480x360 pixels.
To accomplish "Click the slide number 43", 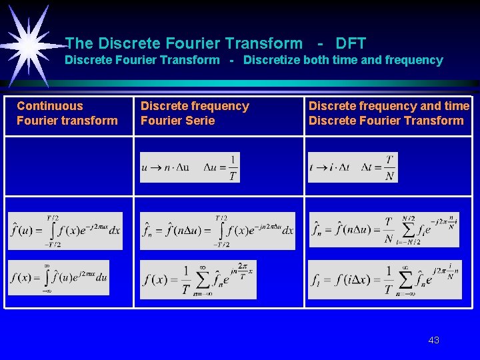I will pyautogui.click(x=433, y=340).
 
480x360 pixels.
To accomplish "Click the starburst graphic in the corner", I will pyautogui.click(x=30, y=44).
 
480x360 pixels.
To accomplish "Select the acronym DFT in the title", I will pyautogui.click(x=351, y=44).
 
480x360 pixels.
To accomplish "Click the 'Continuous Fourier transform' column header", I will pyautogui.click(x=67, y=113).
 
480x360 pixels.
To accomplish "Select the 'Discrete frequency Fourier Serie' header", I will pyautogui.click(x=194, y=113).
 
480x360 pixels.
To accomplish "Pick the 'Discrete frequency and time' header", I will pyautogui.click(x=389, y=106).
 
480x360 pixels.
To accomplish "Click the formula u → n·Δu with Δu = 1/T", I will pyautogui.click(x=190, y=167).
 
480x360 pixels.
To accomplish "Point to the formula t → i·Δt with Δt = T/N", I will pyautogui.click(x=353, y=167).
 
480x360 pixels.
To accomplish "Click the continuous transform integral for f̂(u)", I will pyautogui.click(x=65, y=231).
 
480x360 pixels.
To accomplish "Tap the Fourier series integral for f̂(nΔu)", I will pyautogui.click(x=217, y=231).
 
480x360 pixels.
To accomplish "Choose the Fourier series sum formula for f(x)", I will pyautogui.click(x=198, y=279).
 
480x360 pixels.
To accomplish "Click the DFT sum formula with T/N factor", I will pyautogui.click(x=384, y=230).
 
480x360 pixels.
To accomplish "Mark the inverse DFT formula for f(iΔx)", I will pyautogui.click(x=385, y=279).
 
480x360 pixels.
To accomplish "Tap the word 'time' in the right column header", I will pyautogui.click(x=457, y=106).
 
